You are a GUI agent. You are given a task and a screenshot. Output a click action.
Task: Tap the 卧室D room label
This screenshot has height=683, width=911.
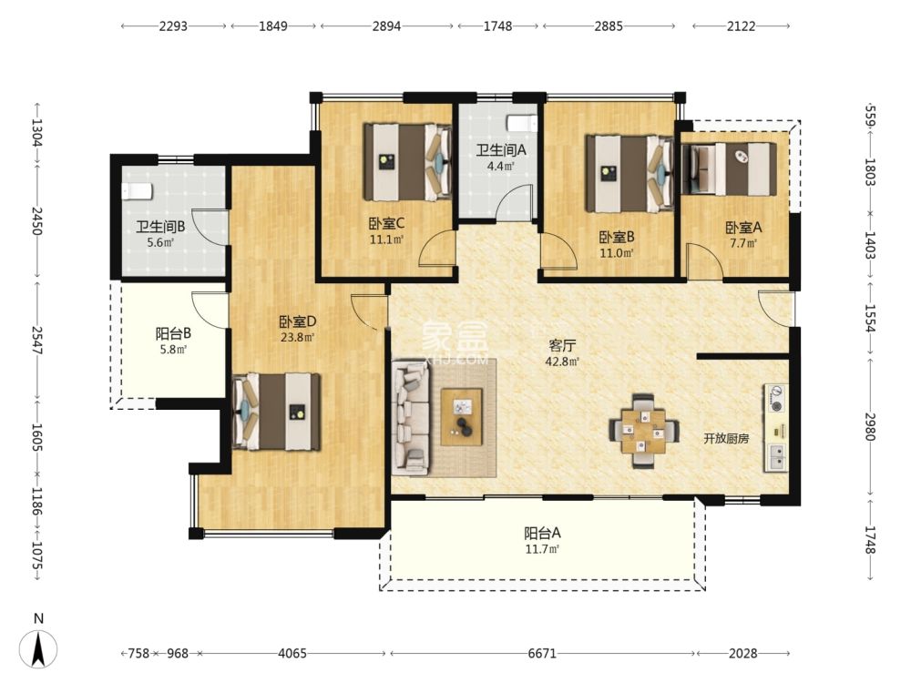(x=297, y=321)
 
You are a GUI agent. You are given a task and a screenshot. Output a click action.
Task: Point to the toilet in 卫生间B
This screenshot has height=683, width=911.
(x=135, y=190)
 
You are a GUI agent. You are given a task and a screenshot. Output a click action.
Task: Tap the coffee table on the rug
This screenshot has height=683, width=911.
(x=461, y=416)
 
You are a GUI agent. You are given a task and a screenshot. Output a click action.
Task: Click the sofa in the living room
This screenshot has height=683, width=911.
(x=411, y=416)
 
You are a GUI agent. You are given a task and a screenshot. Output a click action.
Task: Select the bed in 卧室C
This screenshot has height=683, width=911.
(x=408, y=161)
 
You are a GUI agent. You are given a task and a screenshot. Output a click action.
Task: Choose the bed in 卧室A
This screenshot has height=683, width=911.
(x=730, y=168)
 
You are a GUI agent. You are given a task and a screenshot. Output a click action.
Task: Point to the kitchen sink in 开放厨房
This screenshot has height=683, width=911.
(x=776, y=456)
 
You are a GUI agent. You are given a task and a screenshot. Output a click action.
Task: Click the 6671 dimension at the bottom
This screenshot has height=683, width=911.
(x=543, y=654)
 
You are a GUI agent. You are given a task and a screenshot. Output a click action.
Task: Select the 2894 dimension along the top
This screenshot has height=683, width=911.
(x=386, y=26)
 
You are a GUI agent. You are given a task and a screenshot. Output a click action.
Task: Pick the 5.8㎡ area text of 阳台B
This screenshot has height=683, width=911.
(x=173, y=349)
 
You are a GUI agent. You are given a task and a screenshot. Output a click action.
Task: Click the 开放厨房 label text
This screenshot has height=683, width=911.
(x=726, y=438)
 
